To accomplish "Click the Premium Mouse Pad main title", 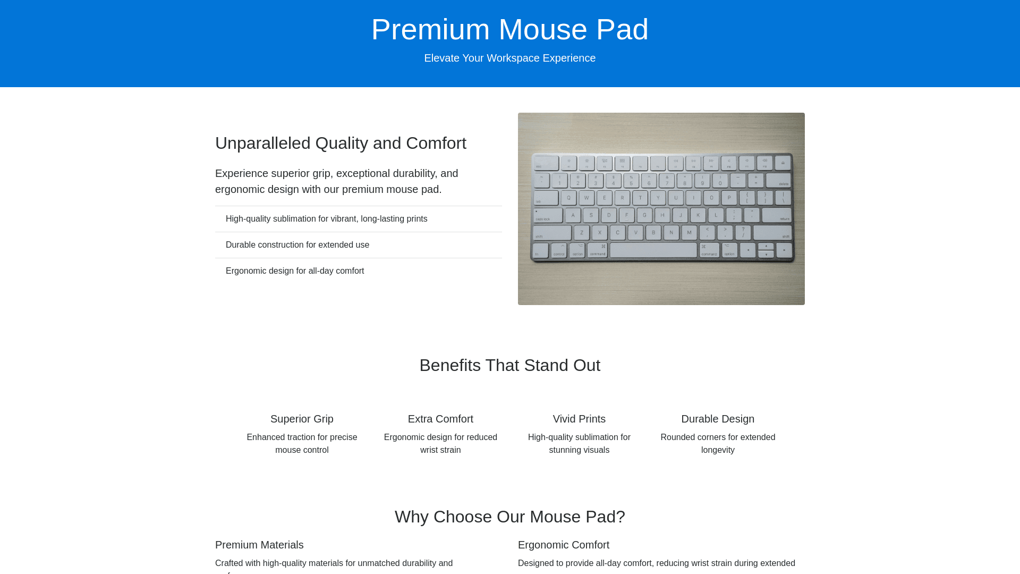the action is (510, 29).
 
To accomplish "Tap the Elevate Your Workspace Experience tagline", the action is (510, 58).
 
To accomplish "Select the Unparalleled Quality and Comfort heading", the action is (341, 143).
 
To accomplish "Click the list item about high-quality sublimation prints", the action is (326, 219).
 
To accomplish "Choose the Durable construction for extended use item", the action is (297, 245).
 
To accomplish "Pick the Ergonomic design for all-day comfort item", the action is (295, 271).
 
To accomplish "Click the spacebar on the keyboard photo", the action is (653, 250).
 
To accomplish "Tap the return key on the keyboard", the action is (777, 215).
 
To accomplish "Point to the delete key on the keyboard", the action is (778, 180).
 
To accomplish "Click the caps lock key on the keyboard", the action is (548, 215).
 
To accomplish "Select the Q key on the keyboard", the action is (568, 198).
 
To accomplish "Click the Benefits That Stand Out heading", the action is (510, 365).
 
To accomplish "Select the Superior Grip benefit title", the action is (302, 419).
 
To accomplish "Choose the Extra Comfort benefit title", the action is (440, 419).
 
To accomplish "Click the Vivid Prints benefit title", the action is (579, 419).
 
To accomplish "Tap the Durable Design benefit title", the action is (718, 419).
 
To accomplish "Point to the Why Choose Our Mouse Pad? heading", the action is (510, 517).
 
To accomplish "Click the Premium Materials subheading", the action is (259, 545).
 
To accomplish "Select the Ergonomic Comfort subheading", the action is (564, 545).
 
